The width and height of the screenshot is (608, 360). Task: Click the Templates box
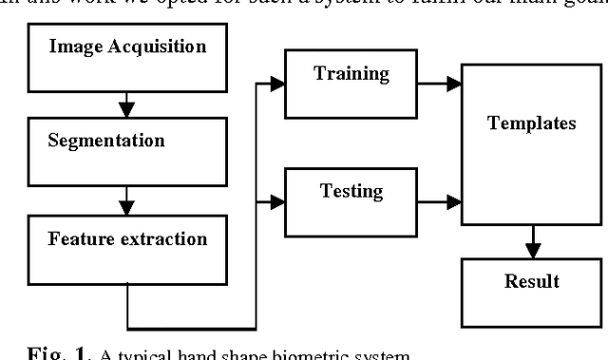click(x=531, y=143)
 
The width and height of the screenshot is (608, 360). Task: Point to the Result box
click(x=531, y=291)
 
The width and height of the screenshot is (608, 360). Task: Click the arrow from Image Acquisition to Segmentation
click(x=125, y=97)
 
